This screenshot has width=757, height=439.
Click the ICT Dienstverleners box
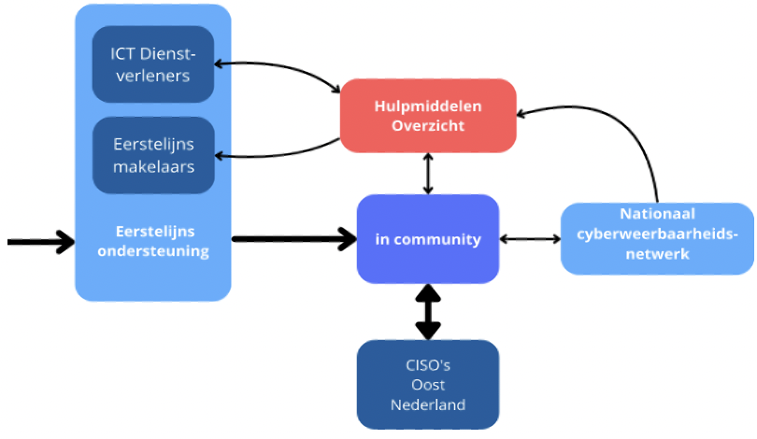153,64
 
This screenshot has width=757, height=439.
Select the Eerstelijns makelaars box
153,155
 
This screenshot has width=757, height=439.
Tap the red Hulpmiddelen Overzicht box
428,116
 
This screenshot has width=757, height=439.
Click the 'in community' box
428,239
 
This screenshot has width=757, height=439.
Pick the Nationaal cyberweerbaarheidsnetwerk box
657,239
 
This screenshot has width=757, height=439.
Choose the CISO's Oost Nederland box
428,385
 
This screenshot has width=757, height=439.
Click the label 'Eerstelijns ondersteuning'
153,241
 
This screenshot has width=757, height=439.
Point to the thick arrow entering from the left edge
41,242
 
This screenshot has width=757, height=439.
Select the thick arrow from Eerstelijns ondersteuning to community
294,239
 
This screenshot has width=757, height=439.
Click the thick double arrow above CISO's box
428,312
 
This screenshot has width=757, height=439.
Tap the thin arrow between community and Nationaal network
530,239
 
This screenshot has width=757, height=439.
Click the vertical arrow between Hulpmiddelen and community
428,174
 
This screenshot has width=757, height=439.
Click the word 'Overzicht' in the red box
428,126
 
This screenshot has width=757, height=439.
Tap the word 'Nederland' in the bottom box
428,404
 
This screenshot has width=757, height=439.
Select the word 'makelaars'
153,167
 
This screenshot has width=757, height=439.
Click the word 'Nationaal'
658,214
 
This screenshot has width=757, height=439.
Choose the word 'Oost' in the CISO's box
428,385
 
